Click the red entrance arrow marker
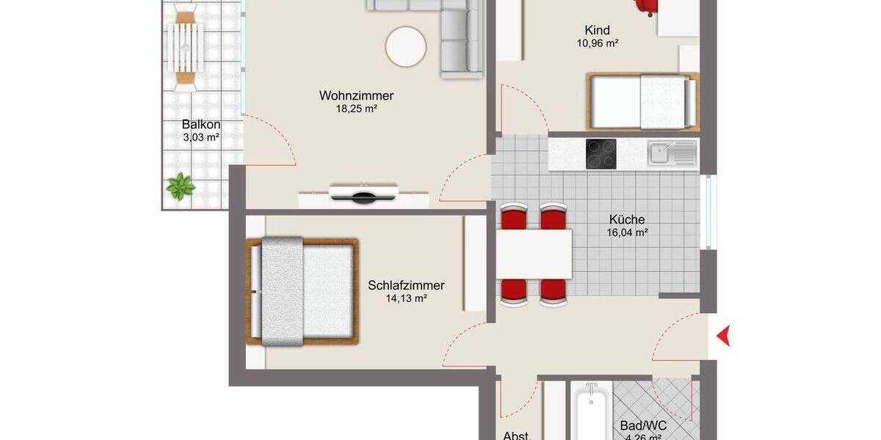tap(723, 337)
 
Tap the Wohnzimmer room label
tap(356, 96)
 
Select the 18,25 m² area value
tap(356, 109)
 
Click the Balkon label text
tap(201, 125)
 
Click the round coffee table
tap(406, 46)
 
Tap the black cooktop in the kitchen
tap(601, 154)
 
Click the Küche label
tap(627, 219)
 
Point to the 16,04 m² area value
tap(627, 233)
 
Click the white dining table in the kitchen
tap(534, 253)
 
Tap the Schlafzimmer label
tap(406, 286)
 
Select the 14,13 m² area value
tap(406, 299)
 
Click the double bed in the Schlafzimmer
tap(302, 291)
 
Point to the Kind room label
tap(597, 30)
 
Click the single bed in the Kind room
tap(642, 101)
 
